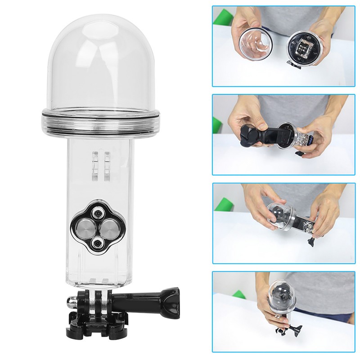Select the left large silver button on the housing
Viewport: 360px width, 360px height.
(x=85, y=224)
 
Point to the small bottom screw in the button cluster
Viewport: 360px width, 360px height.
(x=96, y=243)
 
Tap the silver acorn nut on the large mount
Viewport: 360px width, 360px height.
(x=72, y=301)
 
